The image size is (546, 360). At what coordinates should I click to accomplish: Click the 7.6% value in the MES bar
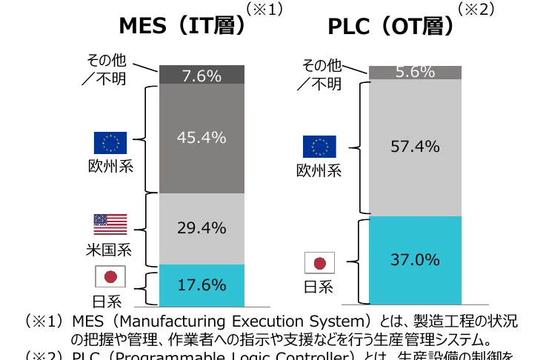202,75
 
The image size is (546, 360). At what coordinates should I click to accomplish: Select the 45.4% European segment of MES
202,138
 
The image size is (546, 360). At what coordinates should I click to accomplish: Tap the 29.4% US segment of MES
202,228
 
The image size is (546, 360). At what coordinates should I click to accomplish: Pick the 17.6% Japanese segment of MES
202,284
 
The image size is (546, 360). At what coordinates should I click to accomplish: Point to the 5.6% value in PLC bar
415,72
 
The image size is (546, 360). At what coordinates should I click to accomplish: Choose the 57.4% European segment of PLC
415,147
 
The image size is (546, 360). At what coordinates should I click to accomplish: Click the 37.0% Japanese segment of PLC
415,260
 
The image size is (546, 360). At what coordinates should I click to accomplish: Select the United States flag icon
110,224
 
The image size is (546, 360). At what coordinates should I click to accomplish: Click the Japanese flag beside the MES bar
110,276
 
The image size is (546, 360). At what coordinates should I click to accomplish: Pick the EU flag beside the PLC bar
319,147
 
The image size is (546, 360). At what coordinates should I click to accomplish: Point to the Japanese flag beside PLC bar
319,262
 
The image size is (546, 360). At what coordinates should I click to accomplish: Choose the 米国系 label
110,249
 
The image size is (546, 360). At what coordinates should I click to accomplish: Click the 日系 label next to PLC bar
319,286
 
